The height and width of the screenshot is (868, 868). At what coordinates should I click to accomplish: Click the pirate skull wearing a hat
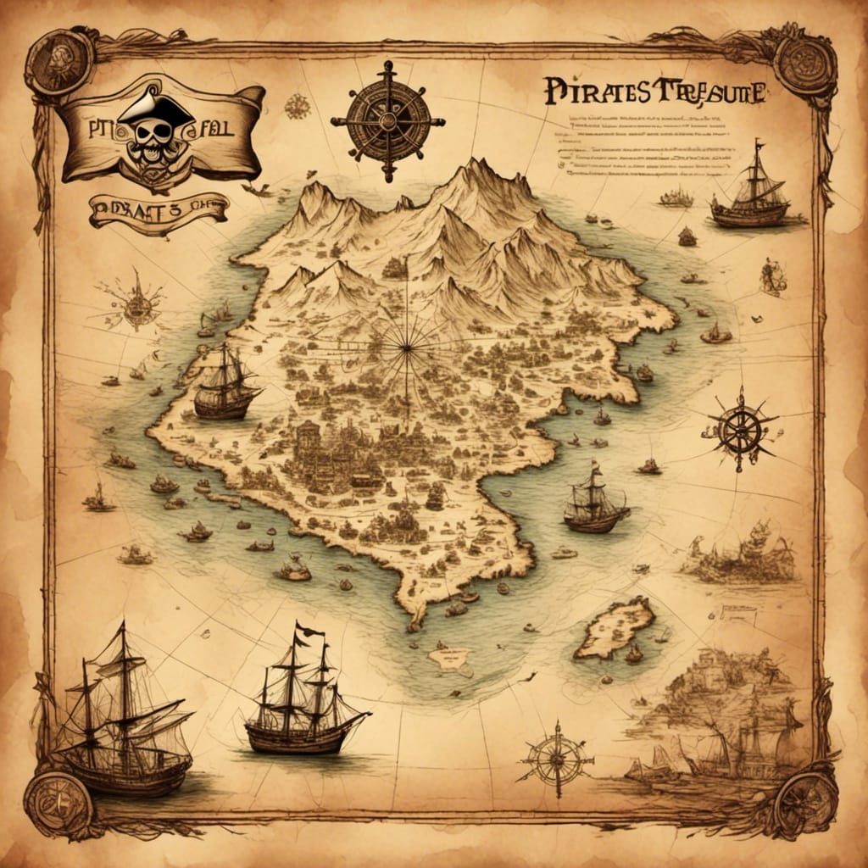155,127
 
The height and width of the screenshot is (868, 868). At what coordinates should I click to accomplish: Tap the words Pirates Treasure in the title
653,92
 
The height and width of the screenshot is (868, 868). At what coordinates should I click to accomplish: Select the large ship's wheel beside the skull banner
387,121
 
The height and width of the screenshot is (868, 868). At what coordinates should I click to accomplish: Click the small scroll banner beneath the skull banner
159,211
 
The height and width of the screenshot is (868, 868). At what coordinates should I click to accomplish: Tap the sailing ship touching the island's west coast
225,387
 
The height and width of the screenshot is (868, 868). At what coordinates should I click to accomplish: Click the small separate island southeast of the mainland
615,627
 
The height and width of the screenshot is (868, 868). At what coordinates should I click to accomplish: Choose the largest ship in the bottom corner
123,721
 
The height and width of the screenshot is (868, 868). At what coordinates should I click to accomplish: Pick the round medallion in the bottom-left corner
57,801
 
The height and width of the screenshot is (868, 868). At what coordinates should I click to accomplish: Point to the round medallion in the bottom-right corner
806,801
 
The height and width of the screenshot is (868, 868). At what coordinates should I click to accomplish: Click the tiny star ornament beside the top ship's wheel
297,106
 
